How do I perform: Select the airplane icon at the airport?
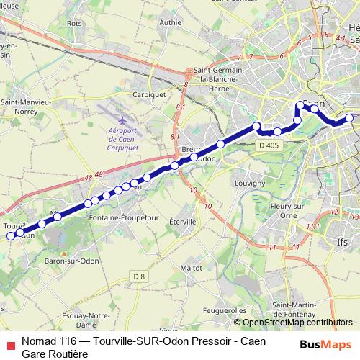coord(123,118)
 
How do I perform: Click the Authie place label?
coord(171,22)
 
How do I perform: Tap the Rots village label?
coord(74,23)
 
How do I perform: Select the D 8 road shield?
coord(139,277)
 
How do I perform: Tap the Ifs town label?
coord(343,242)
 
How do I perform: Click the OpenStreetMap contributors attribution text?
coord(297,323)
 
